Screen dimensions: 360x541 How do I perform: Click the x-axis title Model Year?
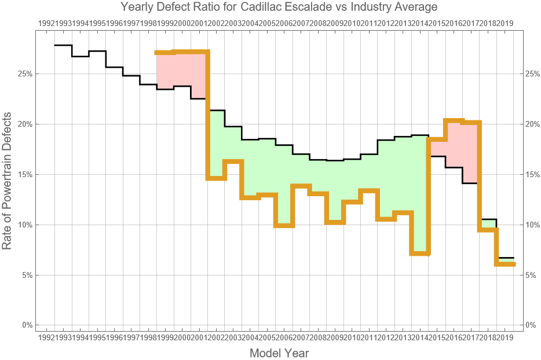click(x=279, y=353)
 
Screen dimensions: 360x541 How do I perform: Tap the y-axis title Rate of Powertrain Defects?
click(x=7, y=181)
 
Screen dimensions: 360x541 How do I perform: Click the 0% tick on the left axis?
click(x=27, y=325)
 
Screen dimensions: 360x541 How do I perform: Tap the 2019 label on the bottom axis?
click(x=505, y=337)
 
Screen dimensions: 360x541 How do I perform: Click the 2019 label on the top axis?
click(x=505, y=23)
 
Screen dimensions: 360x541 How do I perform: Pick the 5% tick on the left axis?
click(x=27, y=275)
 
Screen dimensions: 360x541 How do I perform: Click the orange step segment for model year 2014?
click(x=419, y=254)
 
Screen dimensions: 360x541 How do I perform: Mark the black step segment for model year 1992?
click(x=63, y=45)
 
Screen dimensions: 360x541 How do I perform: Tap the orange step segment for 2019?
click(x=505, y=264)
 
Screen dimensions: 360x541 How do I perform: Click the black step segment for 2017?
click(x=470, y=183)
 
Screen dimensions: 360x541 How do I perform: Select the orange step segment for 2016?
click(x=454, y=120)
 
